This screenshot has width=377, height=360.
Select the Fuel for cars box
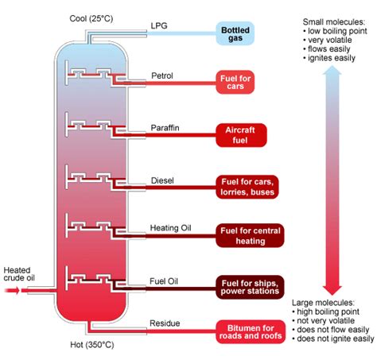click(240, 82)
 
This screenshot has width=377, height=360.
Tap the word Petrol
click(163, 76)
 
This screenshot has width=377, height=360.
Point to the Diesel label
click(162, 180)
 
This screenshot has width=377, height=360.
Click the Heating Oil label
click(170, 229)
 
